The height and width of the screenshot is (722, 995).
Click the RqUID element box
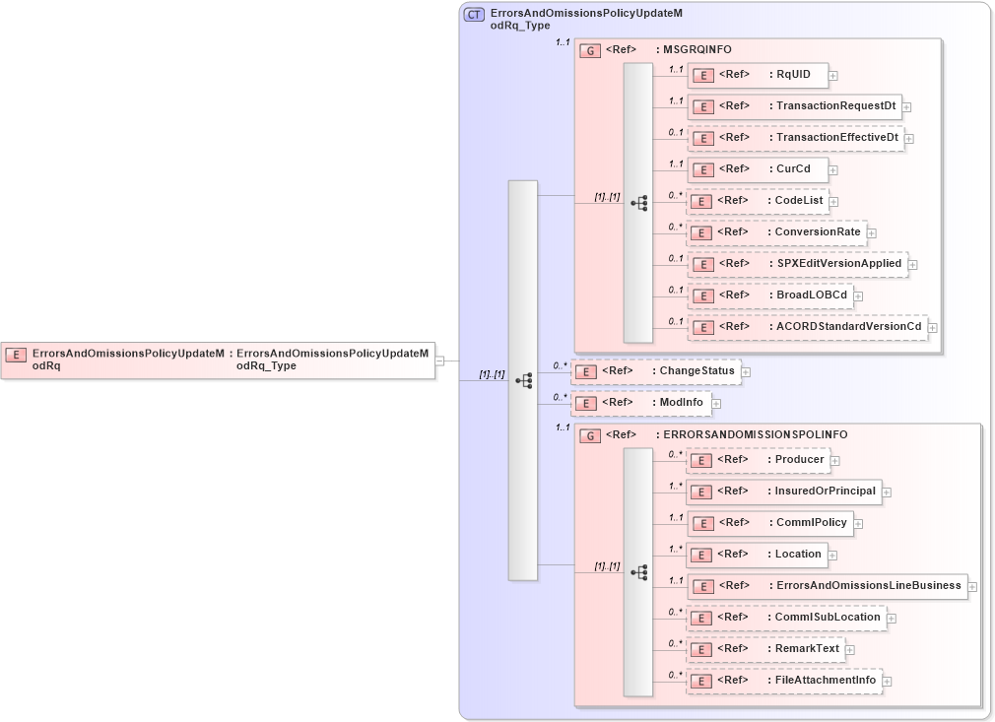[757, 75]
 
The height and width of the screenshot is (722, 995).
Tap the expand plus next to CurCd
[832, 169]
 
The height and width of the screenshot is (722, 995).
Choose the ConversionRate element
[775, 232]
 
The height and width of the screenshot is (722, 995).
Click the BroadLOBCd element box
[769, 295]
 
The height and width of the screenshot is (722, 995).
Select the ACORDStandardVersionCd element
[806, 327]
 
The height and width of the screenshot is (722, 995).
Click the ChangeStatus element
[655, 371]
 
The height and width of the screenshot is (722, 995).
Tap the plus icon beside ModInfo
[716, 403]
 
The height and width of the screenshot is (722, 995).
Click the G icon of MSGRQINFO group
[590, 50]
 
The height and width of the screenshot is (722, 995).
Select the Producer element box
[757, 460]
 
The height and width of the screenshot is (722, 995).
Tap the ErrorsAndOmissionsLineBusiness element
[826, 586]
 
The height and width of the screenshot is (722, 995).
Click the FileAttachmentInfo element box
[783, 681]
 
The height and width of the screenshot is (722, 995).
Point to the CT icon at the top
[474, 14]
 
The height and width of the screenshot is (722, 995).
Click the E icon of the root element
[16, 354]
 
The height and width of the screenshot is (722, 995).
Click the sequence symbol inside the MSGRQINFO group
[639, 203]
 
